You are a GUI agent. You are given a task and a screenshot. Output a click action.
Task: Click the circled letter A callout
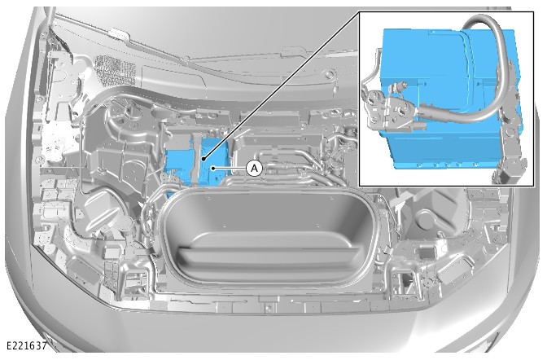(254, 169)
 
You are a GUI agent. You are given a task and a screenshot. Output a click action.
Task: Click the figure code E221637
(27, 345)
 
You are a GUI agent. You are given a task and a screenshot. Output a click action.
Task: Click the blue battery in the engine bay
(198, 160)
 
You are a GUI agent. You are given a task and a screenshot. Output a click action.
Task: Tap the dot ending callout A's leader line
(213, 169)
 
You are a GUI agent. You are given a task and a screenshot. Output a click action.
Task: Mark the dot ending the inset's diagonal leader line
(203, 159)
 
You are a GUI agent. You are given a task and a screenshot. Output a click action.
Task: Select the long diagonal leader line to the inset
(281, 86)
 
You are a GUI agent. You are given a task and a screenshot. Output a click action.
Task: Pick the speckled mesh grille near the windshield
(115, 70)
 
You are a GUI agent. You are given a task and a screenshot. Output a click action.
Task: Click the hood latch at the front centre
(268, 308)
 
